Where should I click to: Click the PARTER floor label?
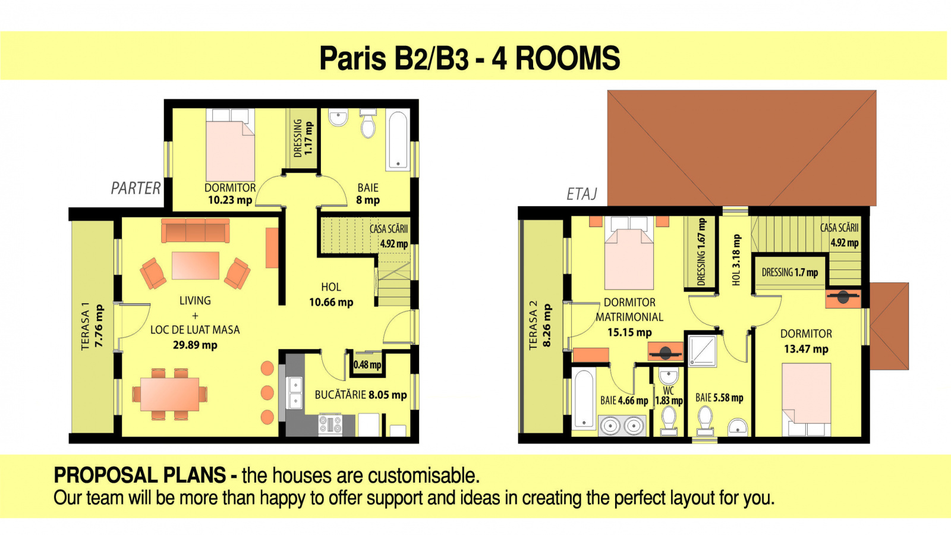point(136,188)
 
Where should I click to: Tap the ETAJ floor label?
point(582,194)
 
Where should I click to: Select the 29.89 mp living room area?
point(195,345)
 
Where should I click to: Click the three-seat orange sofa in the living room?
point(196,231)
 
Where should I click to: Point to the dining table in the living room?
point(170,394)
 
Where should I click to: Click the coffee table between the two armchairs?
point(196,266)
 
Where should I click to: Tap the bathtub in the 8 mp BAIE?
point(398,141)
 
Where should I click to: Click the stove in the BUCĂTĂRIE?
point(330,424)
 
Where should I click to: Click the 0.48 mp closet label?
point(367,365)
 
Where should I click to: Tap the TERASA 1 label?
point(92,326)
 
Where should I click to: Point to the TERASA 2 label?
point(540,325)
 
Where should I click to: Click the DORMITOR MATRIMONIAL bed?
point(629,253)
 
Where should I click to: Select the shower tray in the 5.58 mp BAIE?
point(702,351)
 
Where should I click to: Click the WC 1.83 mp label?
point(669,396)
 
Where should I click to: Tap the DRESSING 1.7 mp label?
point(790,273)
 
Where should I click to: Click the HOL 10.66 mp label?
point(331,295)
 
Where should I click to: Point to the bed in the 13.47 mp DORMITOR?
point(806,399)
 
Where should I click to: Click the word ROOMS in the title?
point(568,58)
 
